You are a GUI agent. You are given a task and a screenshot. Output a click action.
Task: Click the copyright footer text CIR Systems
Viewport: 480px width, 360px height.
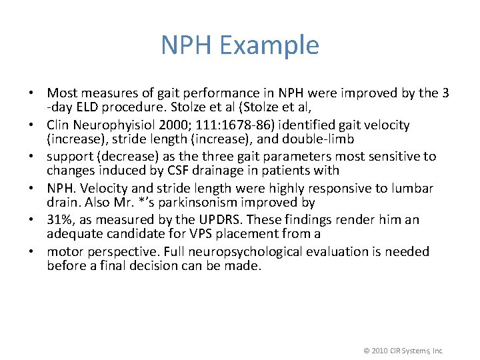coord(405,351)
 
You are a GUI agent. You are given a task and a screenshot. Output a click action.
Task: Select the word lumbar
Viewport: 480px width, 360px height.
coord(413,189)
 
